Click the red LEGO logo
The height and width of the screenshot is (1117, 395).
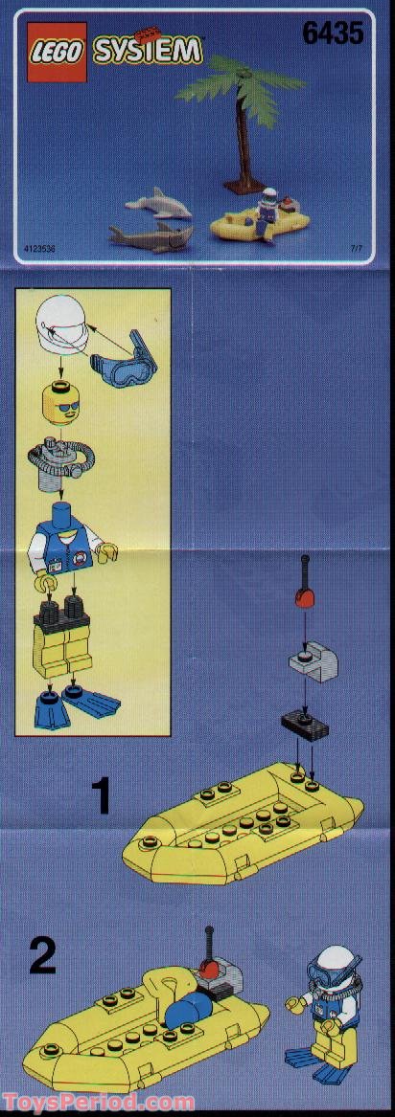(x=57, y=54)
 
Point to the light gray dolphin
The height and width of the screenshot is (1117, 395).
(x=157, y=203)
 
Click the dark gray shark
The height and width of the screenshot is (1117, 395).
(x=149, y=235)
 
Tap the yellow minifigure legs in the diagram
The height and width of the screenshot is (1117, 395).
(x=63, y=641)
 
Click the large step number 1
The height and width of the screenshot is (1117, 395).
(x=102, y=795)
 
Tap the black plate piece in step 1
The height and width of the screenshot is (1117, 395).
(x=305, y=726)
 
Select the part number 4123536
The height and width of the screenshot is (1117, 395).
(x=39, y=250)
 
